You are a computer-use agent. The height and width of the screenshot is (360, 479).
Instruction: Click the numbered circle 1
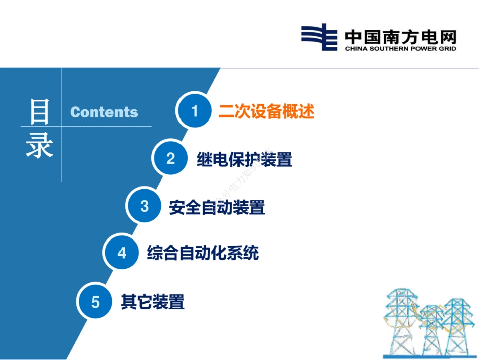click(x=194, y=111)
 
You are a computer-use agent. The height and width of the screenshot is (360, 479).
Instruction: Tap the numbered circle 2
click(x=171, y=159)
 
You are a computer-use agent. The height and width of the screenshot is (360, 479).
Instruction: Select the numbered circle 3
click(x=145, y=206)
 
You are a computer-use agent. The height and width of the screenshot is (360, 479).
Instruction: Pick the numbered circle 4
click(x=122, y=253)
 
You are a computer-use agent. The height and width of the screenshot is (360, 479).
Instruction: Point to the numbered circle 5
click(x=95, y=302)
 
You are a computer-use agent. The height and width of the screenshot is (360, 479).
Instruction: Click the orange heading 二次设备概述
click(x=266, y=111)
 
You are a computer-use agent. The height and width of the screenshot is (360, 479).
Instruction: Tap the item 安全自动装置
click(x=217, y=207)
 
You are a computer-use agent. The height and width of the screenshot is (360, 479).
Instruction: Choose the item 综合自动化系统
click(x=203, y=253)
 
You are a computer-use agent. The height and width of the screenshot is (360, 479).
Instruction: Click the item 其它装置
click(x=152, y=302)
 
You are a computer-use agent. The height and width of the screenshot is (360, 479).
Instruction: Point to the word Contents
click(x=104, y=112)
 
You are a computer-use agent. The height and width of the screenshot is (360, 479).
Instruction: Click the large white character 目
click(x=39, y=111)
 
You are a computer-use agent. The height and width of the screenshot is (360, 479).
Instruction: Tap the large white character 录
click(x=39, y=146)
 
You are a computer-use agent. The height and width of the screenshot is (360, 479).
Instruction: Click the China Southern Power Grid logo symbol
click(x=319, y=37)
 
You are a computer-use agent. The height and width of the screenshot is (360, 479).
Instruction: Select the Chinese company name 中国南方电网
click(x=400, y=36)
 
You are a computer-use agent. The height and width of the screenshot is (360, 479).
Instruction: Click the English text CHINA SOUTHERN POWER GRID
click(x=400, y=49)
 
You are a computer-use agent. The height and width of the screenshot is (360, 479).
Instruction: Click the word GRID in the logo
click(x=447, y=49)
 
